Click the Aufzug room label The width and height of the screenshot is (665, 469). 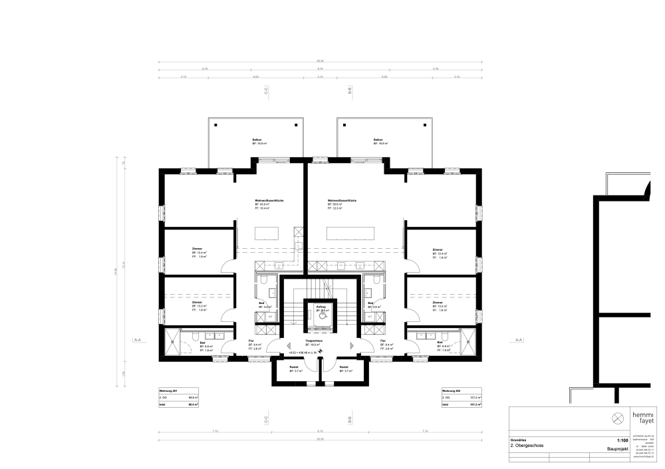tap(321, 306)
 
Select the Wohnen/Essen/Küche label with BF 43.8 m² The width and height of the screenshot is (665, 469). tap(265, 200)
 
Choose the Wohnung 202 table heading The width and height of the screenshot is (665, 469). tap(451, 390)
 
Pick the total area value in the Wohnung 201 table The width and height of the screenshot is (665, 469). tap(194, 404)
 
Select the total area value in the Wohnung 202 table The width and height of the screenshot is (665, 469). tap(477, 404)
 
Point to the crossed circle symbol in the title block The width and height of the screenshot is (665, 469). tap(617, 417)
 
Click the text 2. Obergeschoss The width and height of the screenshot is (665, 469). tap(527, 445)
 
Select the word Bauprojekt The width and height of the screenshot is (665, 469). tap(618, 450)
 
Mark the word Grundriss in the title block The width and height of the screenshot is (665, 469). tap(519, 440)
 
